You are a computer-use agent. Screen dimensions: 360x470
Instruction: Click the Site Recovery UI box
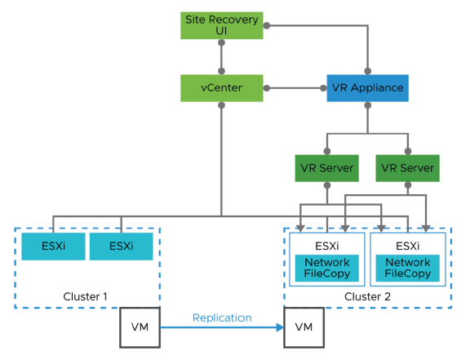[x=221, y=25]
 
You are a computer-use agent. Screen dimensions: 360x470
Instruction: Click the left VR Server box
[x=327, y=168]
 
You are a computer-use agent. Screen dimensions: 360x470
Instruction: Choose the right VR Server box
[x=407, y=168]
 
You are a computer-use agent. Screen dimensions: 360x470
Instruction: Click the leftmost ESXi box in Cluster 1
[x=52, y=246]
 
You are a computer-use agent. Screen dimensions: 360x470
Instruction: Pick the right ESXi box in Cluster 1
[x=121, y=246]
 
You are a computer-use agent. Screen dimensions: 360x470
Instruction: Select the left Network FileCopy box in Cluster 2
[x=327, y=268]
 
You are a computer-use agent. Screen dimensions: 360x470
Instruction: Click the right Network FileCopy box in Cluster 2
[x=407, y=268]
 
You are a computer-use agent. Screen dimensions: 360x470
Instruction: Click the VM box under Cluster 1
[x=139, y=327]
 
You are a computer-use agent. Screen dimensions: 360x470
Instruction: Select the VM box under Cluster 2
[x=303, y=327]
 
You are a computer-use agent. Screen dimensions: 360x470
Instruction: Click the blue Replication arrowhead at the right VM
[x=279, y=327]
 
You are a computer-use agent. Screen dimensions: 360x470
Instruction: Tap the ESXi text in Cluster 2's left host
[x=327, y=245]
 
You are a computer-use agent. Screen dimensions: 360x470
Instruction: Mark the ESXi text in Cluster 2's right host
[x=407, y=245]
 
